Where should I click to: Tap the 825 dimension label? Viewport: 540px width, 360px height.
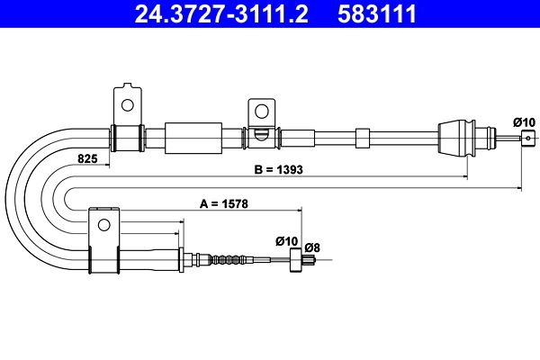coord(86,158)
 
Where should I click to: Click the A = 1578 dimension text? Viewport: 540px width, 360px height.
coord(224,204)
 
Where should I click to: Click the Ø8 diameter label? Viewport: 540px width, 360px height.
coord(312,247)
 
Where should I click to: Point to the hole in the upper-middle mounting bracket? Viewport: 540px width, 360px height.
coord(263,112)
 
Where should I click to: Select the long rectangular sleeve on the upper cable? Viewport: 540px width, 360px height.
coord(193,139)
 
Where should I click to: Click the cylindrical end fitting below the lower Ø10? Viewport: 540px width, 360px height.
coord(293,262)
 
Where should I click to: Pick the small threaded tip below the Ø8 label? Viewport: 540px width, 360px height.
coord(310,262)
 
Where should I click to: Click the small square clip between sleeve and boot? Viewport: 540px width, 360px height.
coord(363,138)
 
